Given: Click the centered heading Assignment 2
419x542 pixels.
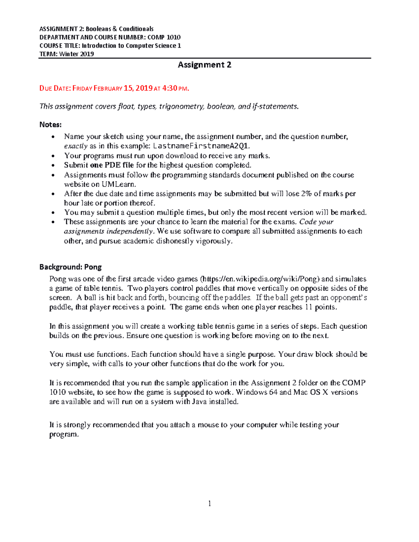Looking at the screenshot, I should point(204,65).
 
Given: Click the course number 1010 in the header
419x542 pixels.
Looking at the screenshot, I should point(174,37).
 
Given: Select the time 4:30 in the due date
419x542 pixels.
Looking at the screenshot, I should point(170,88).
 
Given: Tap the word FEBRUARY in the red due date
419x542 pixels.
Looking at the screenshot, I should point(108,89).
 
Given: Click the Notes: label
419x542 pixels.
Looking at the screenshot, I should point(50,125).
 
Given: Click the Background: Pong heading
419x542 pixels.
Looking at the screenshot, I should point(70,267).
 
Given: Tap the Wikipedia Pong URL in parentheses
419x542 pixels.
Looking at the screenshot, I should point(260,279).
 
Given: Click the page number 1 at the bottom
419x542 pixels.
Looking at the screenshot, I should point(209,503).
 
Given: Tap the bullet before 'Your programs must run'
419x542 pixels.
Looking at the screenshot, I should point(53,156).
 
